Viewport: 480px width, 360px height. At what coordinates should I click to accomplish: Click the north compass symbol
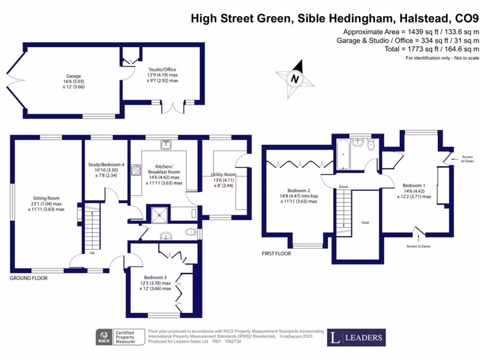pyautogui.click(x=295, y=78)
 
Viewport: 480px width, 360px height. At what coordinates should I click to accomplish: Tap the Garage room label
pyautogui.click(x=73, y=76)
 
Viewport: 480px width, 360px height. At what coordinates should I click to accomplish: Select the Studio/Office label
pyautogui.click(x=162, y=69)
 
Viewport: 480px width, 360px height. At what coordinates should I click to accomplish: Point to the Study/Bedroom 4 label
pyautogui.click(x=106, y=165)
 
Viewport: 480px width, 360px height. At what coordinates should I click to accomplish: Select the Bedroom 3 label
pyautogui.click(x=155, y=277)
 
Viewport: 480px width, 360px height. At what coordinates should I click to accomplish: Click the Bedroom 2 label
pyautogui.click(x=299, y=190)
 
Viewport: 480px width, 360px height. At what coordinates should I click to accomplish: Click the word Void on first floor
pyautogui.click(x=365, y=222)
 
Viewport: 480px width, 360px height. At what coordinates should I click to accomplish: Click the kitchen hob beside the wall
pyautogui.click(x=136, y=169)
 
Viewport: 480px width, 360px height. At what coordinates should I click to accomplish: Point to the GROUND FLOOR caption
pyautogui.click(x=29, y=278)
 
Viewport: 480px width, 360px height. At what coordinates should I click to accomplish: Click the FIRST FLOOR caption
pyautogui.click(x=276, y=254)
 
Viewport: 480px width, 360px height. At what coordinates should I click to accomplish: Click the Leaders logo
pyautogui.click(x=356, y=337)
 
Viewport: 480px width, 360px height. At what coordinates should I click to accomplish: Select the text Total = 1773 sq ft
pyautogui.click(x=431, y=49)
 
